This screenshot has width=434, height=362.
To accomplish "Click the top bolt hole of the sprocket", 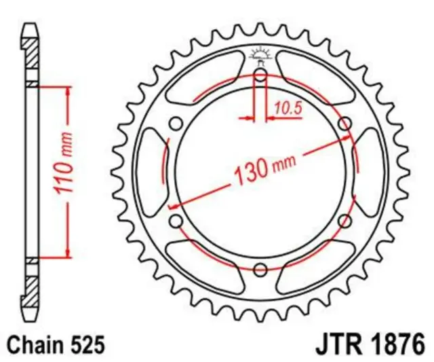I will coord(260,75).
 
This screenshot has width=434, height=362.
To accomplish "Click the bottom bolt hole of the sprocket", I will coord(260,270).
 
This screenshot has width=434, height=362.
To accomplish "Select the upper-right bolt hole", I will coord(345,124).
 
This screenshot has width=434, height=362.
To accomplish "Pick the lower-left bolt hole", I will coord(176,221).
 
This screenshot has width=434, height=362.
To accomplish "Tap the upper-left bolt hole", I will coord(176,124).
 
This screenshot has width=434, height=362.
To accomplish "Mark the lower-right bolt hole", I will coord(345,221).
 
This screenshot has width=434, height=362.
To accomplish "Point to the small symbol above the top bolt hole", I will coord(260,54).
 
